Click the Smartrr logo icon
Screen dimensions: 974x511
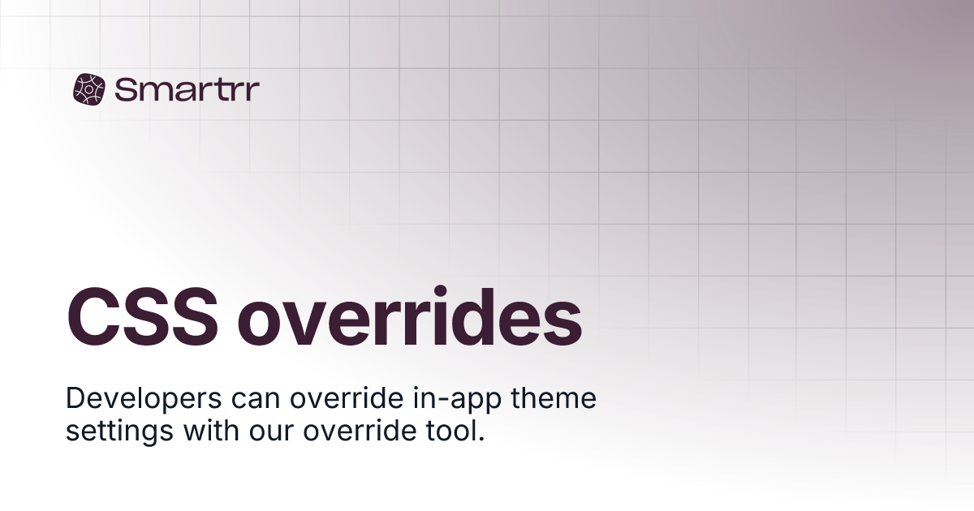(x=89, y=89)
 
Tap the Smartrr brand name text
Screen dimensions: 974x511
(x=187, y=89)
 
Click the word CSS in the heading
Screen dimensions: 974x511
(x=142, y=317)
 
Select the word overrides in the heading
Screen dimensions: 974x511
(x=409, y=316)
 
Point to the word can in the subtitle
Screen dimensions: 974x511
(x=255, y=400)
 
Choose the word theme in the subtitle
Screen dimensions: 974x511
(x=554, y=398)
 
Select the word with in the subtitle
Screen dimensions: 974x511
(x=211, y=431)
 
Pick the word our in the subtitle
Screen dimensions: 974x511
(x=271, y=433)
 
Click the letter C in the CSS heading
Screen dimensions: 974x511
(x=92, y=317)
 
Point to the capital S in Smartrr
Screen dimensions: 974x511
(x=126, y=89)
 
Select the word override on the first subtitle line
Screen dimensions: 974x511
(x=347, y=398)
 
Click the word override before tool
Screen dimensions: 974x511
(x=360, y=431)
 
